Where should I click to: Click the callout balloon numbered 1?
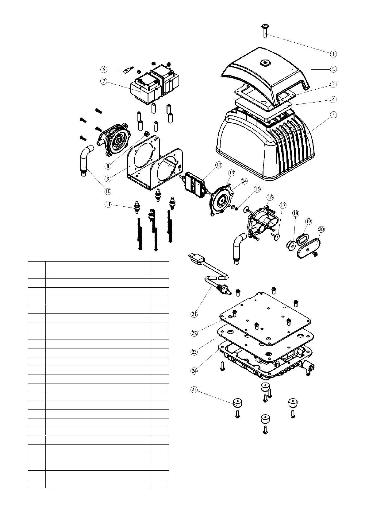[333, 54]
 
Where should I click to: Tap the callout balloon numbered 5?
[333, 115]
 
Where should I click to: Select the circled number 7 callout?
[104, 81]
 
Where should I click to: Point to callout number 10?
[108, 191]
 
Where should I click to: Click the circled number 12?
[218, 165]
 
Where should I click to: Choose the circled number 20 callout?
[321, 229]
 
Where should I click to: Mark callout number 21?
[194, 314]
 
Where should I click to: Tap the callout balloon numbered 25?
[194, 390]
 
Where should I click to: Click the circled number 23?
[194, 352]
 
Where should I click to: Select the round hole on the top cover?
[264, 63]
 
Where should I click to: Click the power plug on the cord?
[197, 261]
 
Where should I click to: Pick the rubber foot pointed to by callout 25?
[237, 402]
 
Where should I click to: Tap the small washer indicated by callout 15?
[235, 208]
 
